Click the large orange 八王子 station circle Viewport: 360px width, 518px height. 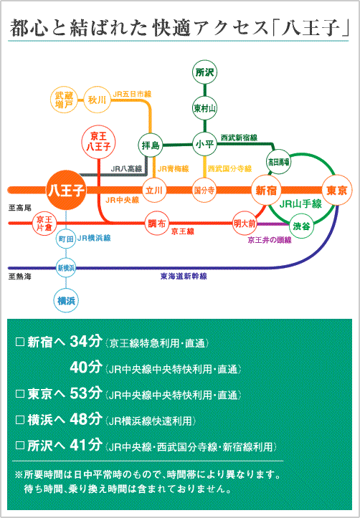point(66,191)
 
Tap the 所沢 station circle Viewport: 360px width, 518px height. point(204,72)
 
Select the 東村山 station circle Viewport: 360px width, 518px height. point(204,108)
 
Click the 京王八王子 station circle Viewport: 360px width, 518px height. point(98,142)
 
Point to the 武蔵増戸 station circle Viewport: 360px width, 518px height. point(64,100)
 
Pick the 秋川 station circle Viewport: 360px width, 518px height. point(97,100)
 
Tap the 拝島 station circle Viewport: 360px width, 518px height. point(151,145)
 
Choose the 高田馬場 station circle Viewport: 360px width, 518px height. point(278,162)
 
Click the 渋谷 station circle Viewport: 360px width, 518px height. point(301,226)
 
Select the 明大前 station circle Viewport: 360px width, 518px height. point(245,224)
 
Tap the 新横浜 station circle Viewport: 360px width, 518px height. point(66,267)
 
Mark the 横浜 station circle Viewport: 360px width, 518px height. point(66,301)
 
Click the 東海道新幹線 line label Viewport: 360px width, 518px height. point(184,276)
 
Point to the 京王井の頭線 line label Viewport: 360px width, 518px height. point(270,240)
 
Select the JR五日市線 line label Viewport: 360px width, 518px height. point(132,94)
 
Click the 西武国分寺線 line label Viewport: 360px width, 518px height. point(229,169)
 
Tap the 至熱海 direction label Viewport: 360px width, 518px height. point(20,277)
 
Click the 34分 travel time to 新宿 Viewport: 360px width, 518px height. point(86,341)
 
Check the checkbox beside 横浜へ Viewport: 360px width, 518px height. point(20,420)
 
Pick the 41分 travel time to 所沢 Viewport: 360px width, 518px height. point(86,445)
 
